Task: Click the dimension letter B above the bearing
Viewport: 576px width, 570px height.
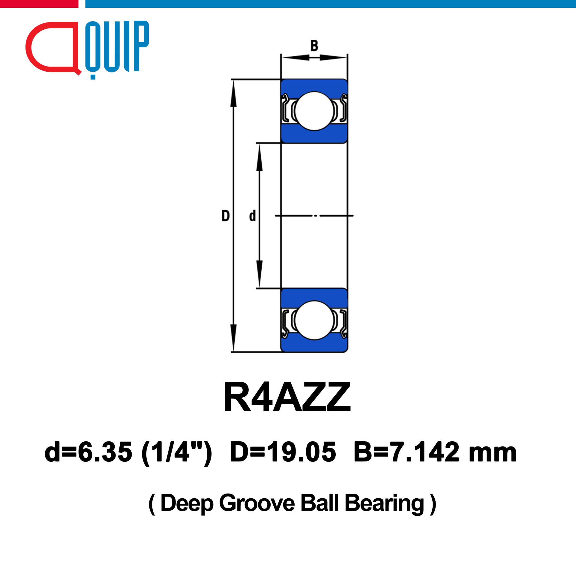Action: point(314,46)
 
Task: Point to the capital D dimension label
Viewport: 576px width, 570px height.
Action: point(225,216)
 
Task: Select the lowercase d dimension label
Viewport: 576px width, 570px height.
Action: point(253,216)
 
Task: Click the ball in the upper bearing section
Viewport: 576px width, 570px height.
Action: point(314,111)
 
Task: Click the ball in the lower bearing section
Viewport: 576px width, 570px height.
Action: point(314,320)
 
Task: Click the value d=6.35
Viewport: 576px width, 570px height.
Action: point(88,452)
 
